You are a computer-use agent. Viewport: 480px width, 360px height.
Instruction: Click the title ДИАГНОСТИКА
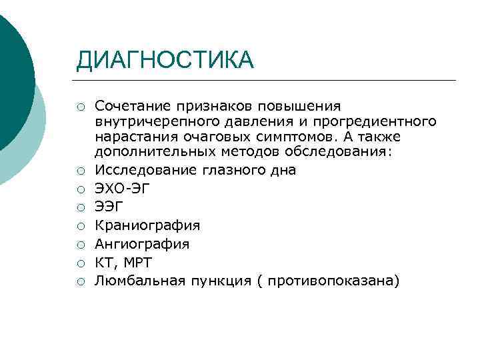[165, 60]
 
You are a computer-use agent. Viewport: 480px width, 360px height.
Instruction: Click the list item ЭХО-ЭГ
[123, 189]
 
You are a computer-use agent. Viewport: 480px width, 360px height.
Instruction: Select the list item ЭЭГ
[110, 207]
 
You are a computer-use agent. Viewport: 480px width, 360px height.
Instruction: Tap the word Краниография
[147, 225]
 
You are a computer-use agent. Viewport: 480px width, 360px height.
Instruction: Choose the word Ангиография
[142, 244]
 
